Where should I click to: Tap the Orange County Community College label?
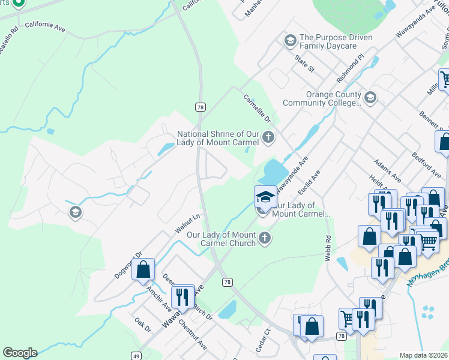point(333,98)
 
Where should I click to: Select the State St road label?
point(304,64)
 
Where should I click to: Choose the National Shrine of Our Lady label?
point(218,138)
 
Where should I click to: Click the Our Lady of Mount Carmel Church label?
point(221,239)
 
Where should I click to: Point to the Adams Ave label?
point(387,170)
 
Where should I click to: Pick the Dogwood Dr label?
point(128,265)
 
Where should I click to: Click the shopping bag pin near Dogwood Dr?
point(143,270)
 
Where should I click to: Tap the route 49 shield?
point(136,356)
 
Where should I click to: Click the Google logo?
point(20,353)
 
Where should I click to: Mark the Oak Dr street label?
point(143,325)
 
